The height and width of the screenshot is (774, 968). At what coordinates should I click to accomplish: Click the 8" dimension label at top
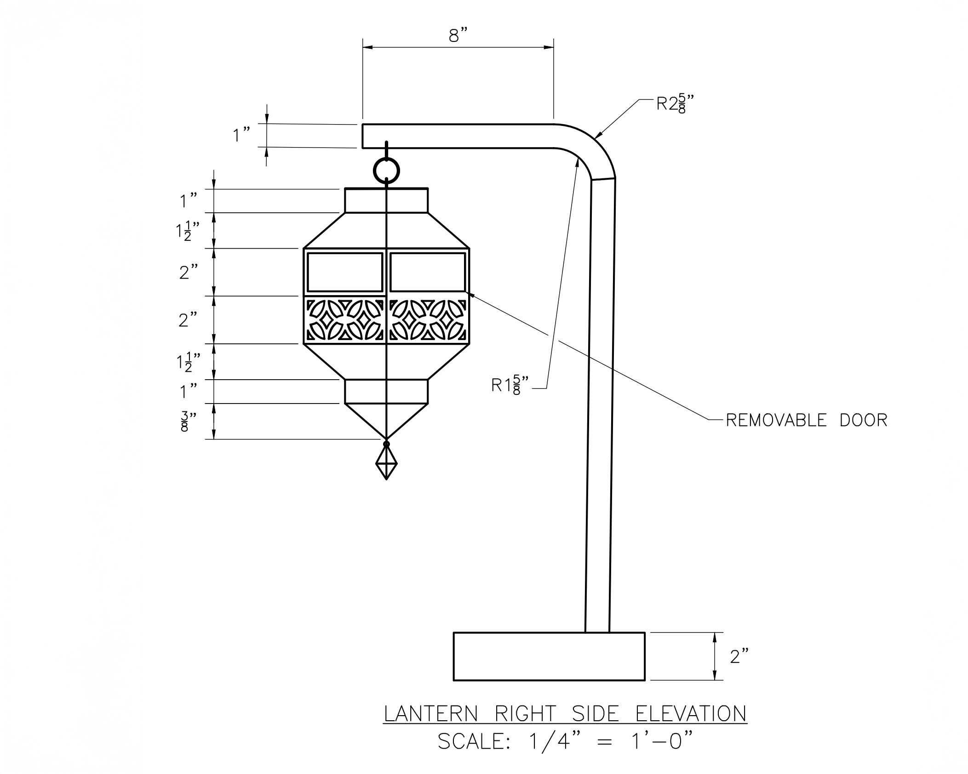point(458,35)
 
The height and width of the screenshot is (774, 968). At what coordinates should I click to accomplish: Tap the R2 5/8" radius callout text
point(675,104)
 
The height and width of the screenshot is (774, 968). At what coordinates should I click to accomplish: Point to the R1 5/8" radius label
point(510,385)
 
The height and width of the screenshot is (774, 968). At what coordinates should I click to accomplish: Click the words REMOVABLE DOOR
point(806,420)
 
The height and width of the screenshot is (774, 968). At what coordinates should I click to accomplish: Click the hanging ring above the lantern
point(386,171)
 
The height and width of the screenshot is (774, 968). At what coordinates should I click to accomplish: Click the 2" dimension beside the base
point(739,657)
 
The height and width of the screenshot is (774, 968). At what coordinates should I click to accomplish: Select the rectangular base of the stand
point(549,656)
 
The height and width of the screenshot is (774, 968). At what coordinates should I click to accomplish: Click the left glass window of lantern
point(345,272)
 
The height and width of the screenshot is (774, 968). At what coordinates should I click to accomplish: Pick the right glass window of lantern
point(428,272)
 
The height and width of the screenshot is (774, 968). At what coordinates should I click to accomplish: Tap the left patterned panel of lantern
point(345,320)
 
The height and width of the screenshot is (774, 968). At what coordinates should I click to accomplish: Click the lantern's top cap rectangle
point(386,200)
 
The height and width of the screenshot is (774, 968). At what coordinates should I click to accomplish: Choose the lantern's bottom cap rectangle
point(386,391)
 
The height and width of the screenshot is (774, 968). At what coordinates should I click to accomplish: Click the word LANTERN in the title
point(431,714)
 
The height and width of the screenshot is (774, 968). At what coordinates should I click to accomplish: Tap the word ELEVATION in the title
point(691,714)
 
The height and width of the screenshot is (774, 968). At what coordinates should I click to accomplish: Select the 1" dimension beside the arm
point(241,136)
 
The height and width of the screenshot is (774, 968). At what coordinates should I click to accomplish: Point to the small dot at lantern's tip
point(386,444)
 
